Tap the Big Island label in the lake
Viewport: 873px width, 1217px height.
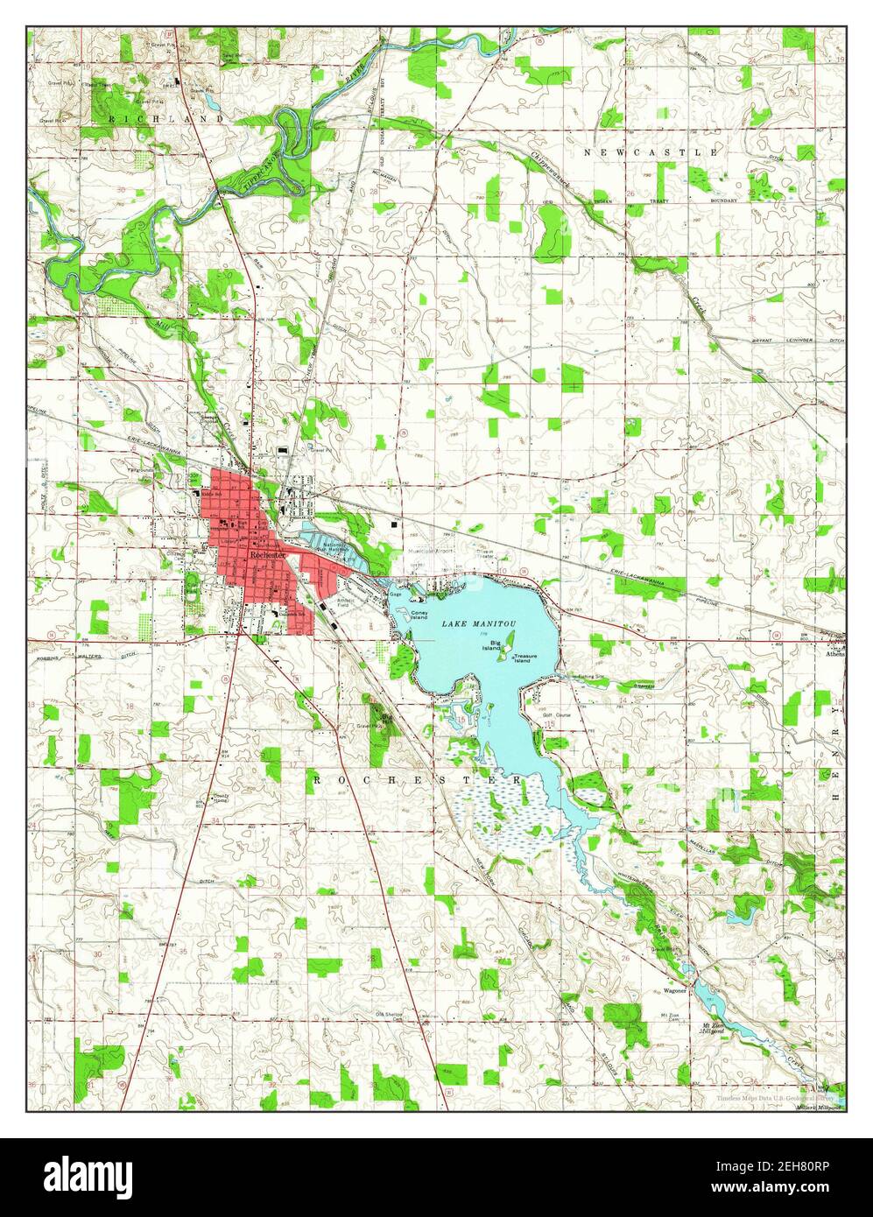[496, 645]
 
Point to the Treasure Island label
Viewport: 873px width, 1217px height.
[525, 659]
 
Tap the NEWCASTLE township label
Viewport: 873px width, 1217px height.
[651, 152]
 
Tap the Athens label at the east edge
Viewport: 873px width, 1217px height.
[834, 652]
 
